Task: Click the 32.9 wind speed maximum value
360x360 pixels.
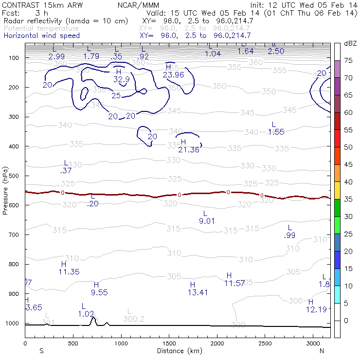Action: point(122,79)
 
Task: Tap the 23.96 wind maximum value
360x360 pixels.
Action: point(173,74)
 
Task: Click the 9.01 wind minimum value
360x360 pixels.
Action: point(207,221)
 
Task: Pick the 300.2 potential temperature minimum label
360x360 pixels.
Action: point(134,319)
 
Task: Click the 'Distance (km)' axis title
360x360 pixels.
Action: point(178,351)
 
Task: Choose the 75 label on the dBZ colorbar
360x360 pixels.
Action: point(348,60)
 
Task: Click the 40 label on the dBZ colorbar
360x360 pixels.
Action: point(348,182)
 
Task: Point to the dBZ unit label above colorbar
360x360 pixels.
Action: point(350,43)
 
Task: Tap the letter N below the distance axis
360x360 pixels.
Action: point(322,351)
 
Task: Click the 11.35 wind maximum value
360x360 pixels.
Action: point(69,272)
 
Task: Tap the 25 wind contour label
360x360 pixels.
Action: point(116,95)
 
